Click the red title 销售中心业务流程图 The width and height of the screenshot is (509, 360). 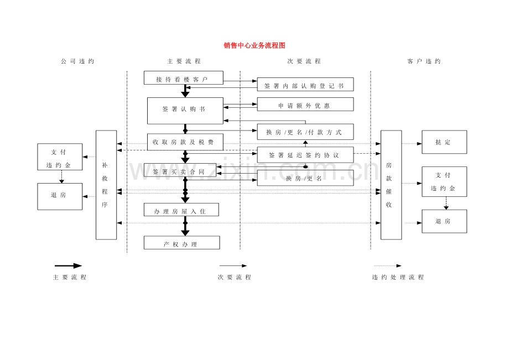click(254, 45)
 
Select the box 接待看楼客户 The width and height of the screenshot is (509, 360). click(183, 78)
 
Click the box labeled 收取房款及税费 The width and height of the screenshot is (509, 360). click(185, 142)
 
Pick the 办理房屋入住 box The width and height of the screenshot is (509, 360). click(181, 210)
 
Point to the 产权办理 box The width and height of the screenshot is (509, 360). click(181, 243)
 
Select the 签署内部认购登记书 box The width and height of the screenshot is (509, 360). click(305, 85)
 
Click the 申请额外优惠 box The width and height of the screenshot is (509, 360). click(305, 105)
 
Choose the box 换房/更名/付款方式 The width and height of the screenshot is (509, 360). click(305, 132)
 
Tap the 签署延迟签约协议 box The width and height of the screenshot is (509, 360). click(305, 155)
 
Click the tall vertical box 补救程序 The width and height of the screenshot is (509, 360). click(106, 185)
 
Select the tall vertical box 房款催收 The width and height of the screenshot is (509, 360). click(391, 185)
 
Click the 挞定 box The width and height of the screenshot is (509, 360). click(444, 142)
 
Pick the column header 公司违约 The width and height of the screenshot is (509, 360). click(77, 61)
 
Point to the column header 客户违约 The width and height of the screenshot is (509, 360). click(424, 61)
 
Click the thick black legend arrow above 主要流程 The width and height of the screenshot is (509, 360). click(68, 266)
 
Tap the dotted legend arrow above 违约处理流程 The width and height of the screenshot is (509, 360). click(387, 266)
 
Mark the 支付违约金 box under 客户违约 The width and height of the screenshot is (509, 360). click(444, 181)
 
